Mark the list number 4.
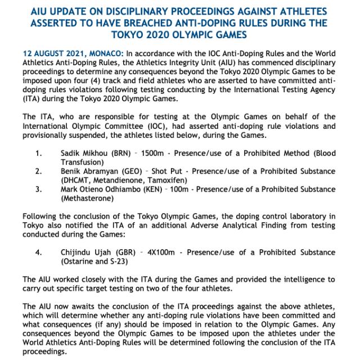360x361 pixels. [38, 252]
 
